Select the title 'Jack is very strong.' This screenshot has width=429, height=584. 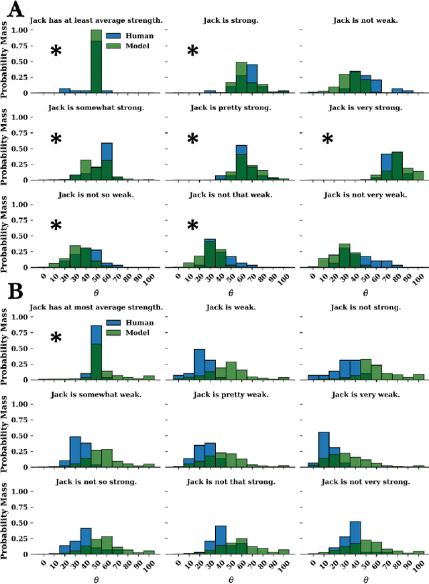pyautogui.click(x=365, y=107)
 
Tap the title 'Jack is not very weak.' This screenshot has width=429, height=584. pyautogui.click(x=365, y=195)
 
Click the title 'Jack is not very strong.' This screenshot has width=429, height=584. pyautogui.click(x=365, y=481)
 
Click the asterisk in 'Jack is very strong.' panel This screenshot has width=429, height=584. pyautogui.click(x=327, y=140)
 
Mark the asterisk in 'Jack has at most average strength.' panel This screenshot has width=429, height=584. pyautogui.click(x=56, y=338)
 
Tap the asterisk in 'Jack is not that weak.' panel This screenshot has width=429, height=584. pyautogui.click(x=192, y=226)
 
